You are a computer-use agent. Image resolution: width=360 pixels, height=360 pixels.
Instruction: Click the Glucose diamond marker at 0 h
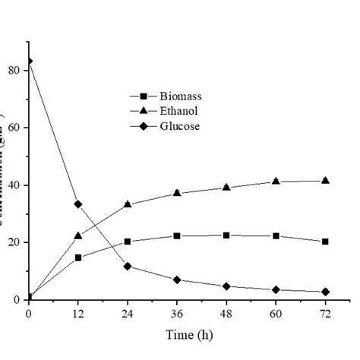29,61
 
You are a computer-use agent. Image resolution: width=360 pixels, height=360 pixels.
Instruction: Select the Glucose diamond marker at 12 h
78,204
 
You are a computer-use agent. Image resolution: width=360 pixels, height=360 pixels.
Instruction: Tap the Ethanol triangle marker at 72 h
325,180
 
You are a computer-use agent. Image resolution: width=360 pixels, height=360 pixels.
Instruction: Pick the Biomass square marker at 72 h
325,242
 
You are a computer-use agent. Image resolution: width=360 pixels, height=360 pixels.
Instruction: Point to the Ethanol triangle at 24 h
128,204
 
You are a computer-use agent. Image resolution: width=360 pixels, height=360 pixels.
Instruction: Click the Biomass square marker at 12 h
78,257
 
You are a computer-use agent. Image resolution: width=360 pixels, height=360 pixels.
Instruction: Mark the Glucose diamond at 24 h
128,266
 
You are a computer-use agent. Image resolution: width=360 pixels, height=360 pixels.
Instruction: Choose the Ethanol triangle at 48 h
226,187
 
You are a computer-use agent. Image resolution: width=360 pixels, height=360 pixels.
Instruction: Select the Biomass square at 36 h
177,236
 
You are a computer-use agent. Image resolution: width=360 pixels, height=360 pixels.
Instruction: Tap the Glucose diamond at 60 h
276,289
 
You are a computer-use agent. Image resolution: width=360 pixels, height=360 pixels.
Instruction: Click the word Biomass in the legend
181,96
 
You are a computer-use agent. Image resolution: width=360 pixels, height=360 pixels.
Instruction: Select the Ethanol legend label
180,111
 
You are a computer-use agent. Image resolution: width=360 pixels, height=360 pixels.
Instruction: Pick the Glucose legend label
180,126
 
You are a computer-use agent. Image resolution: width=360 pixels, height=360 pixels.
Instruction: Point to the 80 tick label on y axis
16,70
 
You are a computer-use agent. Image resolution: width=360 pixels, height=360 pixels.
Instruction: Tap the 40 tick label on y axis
16,185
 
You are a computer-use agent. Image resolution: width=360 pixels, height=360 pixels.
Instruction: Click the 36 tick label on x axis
177,313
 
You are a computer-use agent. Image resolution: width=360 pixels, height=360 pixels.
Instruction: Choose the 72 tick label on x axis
325,313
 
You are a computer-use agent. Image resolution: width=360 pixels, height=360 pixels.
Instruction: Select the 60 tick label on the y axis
16,128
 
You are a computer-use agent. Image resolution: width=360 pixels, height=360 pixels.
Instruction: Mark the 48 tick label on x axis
226,313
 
